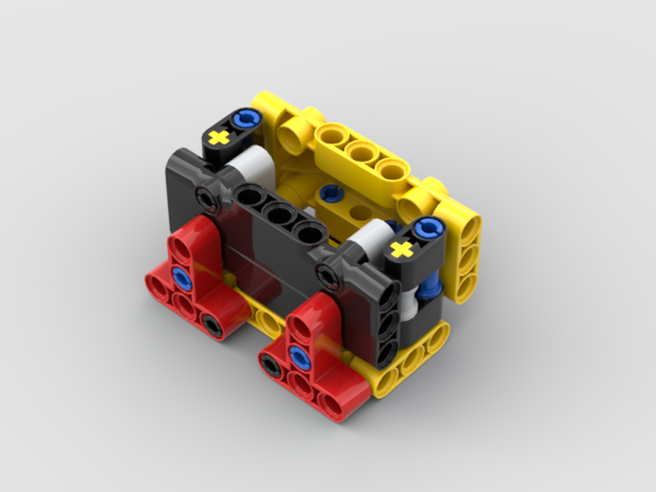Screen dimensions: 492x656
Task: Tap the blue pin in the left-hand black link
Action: click(246, 119)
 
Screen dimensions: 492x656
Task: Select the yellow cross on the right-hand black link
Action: click(401, 249)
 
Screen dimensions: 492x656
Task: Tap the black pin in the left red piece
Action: click(211, 323)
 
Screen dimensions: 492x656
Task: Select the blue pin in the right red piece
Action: click(298, 355)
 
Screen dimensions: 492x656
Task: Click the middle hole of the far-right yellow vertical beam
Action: click(467, 259)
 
